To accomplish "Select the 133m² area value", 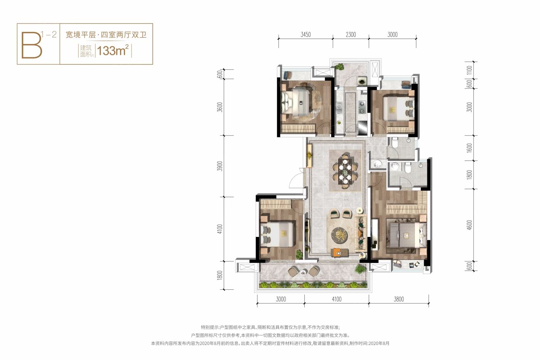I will coord(113,51).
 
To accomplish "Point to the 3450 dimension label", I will coord(305,35).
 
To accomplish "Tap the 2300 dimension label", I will coord(351,35).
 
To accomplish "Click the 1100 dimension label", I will coord(469,70).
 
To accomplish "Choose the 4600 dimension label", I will coord(469,225).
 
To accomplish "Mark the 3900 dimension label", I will coord(220,166).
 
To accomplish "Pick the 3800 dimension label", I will coord(398,299).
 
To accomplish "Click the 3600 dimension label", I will coord(220,107).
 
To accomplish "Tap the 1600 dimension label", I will coord(469,148).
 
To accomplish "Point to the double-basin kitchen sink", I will coord(339,106).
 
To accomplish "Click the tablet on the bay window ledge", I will coord(412,265).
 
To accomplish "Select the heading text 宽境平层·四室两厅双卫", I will coord(106,35).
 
